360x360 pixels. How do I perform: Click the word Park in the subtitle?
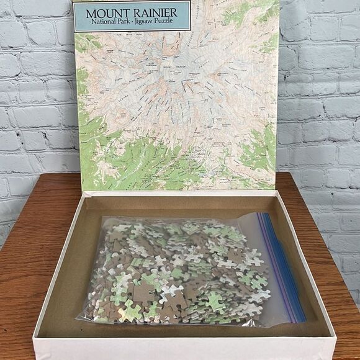click(128, 23)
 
